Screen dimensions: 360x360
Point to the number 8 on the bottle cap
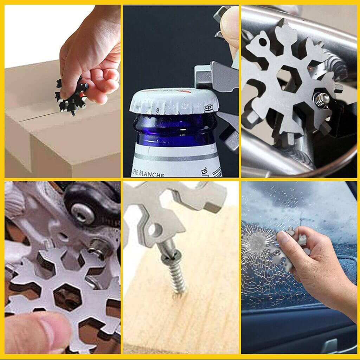click(159, 110)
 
